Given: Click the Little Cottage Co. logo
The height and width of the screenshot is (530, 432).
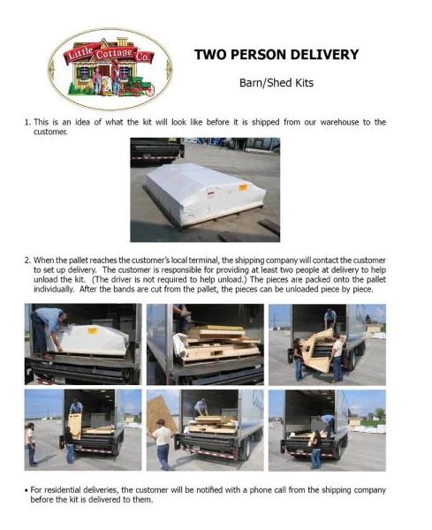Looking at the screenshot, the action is (110, 69).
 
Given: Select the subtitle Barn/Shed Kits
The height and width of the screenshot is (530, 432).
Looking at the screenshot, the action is (277, 83).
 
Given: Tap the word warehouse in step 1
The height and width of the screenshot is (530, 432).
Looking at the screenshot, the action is (339, 122).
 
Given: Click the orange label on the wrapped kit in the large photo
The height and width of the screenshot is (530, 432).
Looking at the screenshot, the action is (243, 187).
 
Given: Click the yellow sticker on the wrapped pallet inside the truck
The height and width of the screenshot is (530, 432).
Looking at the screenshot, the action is (92, 330).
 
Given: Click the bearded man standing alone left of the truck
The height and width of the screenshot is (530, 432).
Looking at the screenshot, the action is (31, 443).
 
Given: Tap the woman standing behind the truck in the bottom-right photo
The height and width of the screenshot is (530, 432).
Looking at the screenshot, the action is (316, 449).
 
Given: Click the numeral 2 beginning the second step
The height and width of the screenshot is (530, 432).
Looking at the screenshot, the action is (27, 261).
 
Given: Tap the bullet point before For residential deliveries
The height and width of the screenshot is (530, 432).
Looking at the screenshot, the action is (26, 490).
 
